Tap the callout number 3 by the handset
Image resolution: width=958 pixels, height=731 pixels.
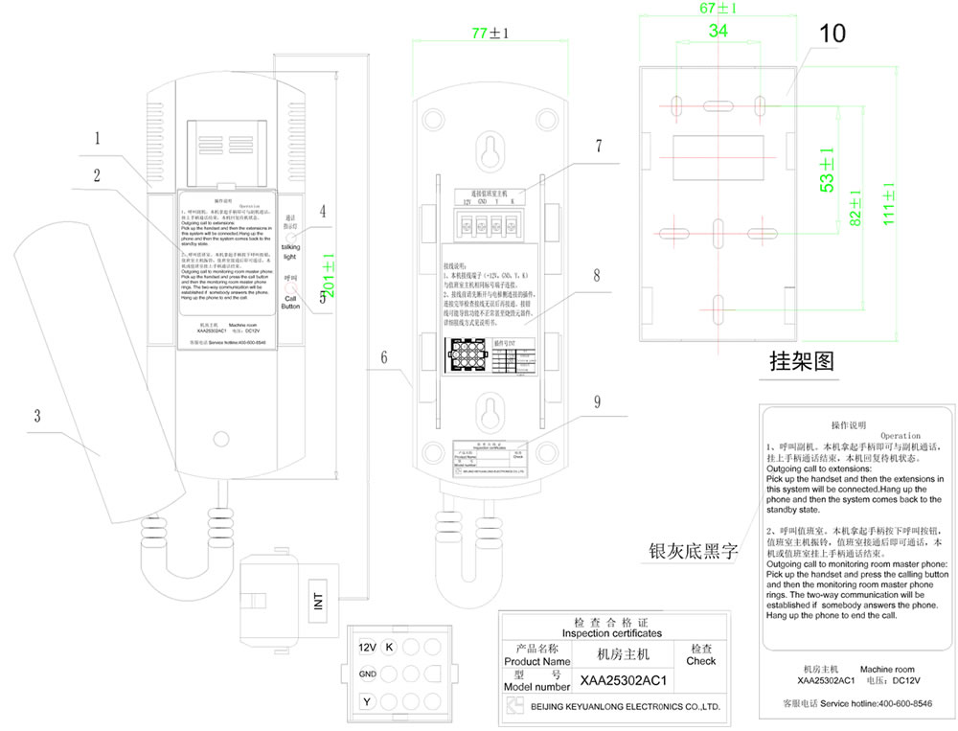(x=37, y=416)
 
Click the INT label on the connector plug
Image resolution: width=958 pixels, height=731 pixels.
(x=318, y=601)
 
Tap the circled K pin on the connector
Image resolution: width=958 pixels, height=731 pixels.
(x=389, y=647)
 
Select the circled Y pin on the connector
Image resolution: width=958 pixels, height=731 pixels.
(x=366, y=703)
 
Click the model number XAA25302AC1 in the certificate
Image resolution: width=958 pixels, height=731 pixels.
(x=623, y=681)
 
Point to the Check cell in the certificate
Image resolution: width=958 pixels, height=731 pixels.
(x=700, y=654)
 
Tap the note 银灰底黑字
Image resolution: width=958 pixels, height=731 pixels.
(x=681, y=551)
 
